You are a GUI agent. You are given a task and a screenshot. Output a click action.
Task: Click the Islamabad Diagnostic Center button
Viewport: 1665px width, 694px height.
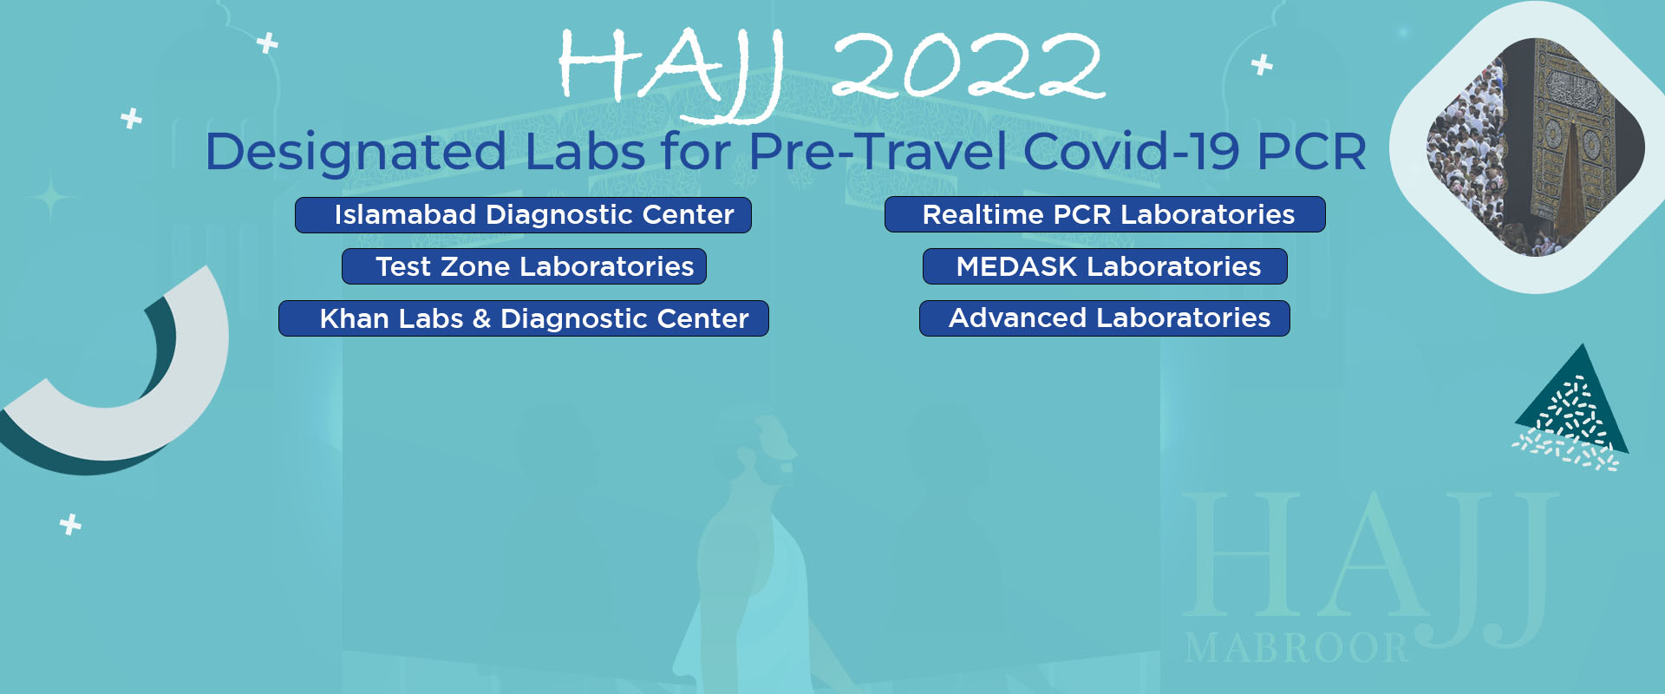pos(523,215)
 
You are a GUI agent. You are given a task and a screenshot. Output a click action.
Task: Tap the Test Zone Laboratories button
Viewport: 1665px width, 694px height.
pos(524,266)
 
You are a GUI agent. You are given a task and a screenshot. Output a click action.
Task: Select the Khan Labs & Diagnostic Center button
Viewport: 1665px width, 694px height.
pos(523,318)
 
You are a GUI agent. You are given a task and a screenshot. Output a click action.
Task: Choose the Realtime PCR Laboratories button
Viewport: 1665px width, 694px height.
pos(1105,214)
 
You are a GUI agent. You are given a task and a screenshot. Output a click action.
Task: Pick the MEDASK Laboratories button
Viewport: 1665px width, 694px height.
pos(1105,266)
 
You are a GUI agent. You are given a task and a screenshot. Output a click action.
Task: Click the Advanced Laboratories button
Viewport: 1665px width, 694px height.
pos(1105,318)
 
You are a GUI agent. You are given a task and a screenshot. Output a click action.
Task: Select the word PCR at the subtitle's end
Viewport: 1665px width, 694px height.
pos(1311,152)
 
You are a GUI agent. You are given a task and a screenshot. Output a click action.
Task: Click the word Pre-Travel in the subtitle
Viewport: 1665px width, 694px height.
pos(878,151)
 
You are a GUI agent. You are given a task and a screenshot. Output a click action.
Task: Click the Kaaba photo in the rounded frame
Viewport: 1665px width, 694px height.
pos(1536,147)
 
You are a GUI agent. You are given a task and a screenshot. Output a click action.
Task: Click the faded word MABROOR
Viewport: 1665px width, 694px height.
pos(1296,648)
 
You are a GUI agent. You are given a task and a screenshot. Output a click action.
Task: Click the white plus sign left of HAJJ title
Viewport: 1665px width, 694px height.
pos(268,43)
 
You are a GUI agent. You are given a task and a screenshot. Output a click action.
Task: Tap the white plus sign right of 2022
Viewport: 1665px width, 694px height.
pos(1263,64)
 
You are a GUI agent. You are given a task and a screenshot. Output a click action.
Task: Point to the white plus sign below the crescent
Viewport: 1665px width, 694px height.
pos(71,524)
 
